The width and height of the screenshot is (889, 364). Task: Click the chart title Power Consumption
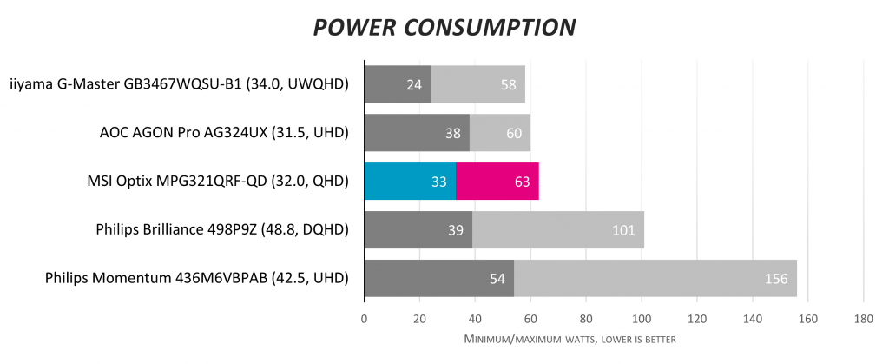point(444,27)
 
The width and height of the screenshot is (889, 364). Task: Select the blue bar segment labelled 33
point(410,182)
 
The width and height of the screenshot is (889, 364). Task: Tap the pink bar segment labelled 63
point(497,182)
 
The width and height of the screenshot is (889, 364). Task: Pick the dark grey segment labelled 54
point(439,279)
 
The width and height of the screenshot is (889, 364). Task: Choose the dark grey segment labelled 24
point(398,84)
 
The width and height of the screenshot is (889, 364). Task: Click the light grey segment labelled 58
point(477,84)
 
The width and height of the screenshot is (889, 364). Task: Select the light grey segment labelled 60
point(500,133)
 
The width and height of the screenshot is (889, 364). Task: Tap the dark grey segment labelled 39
point(418,230)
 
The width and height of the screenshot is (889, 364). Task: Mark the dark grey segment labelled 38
point(417,133)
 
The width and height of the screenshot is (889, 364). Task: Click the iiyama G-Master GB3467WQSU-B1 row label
point(179,84)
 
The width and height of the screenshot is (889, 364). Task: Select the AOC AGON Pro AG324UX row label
point(224,133)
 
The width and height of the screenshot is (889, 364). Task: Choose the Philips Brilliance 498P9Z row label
point(222,230)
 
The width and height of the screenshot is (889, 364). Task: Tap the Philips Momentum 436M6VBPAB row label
point(196,279)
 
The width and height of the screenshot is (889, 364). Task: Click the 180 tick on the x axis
point(863,319)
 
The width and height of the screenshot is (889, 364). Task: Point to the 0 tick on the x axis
point(365,319)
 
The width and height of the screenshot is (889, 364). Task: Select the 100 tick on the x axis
point(642,319)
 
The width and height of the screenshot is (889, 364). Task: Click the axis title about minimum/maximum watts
point(570,339)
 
